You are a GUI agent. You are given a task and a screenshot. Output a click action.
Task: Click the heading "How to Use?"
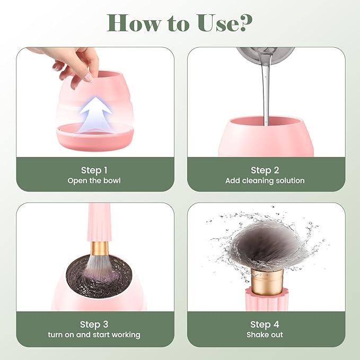coord(180,22)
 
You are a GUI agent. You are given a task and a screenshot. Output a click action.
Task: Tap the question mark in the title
coord(244,22)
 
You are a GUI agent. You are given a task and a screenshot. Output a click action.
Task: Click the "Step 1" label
coord(94,170)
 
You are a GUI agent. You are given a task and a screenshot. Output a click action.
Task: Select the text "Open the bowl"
coord(94,181)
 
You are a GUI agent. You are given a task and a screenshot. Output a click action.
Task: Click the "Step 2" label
coord(265,170)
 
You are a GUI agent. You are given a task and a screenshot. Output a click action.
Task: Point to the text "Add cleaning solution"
coord(265,181)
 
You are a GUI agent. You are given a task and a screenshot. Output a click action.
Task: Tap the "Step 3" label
coord(94,324)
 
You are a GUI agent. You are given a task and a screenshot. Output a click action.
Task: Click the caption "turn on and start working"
coord(94,335)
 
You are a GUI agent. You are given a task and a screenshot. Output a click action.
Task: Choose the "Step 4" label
coord(265,324)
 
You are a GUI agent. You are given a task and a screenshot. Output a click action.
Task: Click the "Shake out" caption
coord(265,335)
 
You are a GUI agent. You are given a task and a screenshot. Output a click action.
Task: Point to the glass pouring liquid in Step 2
coord(265,53)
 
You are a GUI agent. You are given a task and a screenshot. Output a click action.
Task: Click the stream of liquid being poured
coord(266,90)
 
